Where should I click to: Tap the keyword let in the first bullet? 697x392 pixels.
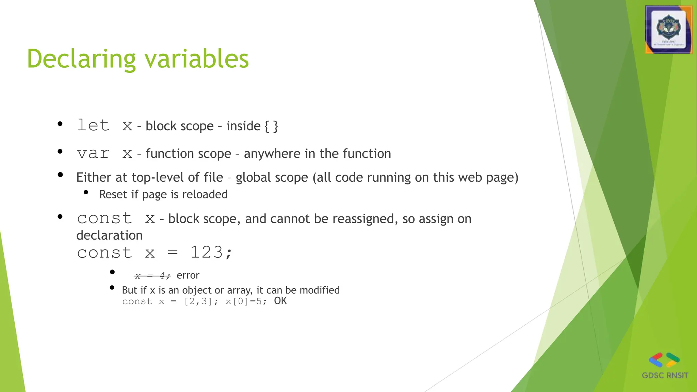93,125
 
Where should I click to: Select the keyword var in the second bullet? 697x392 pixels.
93,154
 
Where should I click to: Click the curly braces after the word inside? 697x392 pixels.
271,126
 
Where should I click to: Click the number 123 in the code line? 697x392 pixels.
206,252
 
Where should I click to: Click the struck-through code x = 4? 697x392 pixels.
152,275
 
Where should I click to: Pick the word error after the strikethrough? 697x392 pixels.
188,275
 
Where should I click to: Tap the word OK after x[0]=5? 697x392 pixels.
280,301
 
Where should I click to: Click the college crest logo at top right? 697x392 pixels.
668,30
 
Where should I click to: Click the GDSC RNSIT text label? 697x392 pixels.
665,375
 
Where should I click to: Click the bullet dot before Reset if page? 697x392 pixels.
86,193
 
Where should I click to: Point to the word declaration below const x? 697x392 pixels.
109,235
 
